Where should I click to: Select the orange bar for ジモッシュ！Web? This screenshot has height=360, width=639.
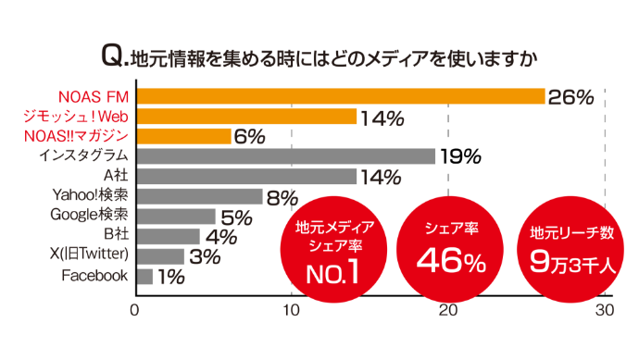tap(246, 117)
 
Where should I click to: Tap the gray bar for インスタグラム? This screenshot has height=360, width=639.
tap(285, 156)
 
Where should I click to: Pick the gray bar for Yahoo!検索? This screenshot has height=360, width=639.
tap(200, 196)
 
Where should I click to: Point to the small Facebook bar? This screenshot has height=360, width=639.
tap(144, 276)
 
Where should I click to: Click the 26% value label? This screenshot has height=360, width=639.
tap(570, 97)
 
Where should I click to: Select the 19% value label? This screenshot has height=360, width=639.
tap(460, 156)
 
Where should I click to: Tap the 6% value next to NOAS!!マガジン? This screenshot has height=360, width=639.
tap(249, 137)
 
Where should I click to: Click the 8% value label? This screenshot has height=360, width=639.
tap(281, 196)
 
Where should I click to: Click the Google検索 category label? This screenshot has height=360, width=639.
tap(89, 216)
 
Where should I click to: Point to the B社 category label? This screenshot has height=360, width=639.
tap(114, 236)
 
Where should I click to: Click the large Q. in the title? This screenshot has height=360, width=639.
tap(114, 58)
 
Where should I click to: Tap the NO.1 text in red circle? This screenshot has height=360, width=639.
tap(333, 273)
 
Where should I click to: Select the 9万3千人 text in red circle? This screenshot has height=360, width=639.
tap(570, 262)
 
